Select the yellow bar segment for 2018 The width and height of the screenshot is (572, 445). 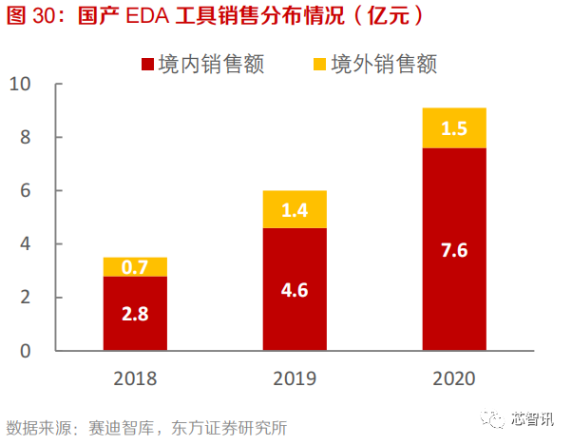pos(135,266)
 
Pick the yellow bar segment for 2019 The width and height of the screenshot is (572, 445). pos(295,209)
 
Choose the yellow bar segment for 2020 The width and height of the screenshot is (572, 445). pos(454,127)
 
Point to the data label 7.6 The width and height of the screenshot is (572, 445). pos(454,251)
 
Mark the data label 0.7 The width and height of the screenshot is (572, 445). pos(135,267)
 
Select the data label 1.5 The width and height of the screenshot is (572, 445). pos(454,128)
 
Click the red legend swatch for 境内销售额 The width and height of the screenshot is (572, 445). pos(147,65)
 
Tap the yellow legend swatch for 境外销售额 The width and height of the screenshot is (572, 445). pos(319,65)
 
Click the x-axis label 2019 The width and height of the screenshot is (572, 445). pos(295,379)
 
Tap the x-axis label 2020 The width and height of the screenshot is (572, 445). pos(454,379)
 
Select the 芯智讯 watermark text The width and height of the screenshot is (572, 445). pos(535,419)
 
